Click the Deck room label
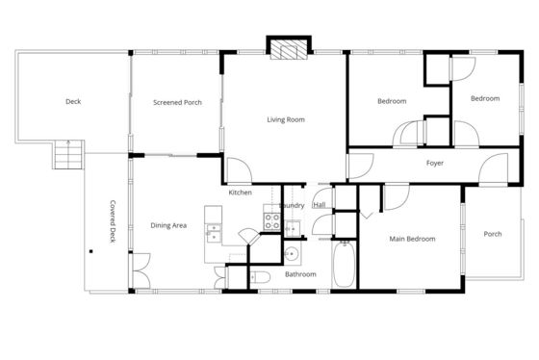point(73,101)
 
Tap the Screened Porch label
point(177,102)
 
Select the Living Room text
point(286,119)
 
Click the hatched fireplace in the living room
point(289,50)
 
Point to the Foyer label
point(435,163)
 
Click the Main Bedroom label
point(412,239)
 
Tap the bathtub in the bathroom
point(344,264)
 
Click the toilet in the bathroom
point(260,277)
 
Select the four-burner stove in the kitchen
point(271,221)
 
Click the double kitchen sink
point(214,233)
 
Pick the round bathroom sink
point(291,254)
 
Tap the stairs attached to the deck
point(68,154)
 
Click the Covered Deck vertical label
point(113,221)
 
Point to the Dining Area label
point(168,225)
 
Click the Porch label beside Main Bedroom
point(493,234)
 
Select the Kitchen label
point(241,193)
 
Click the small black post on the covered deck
point(91,251)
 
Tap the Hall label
point(320,205)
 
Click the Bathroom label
point(300,274)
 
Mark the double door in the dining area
point(141,270)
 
